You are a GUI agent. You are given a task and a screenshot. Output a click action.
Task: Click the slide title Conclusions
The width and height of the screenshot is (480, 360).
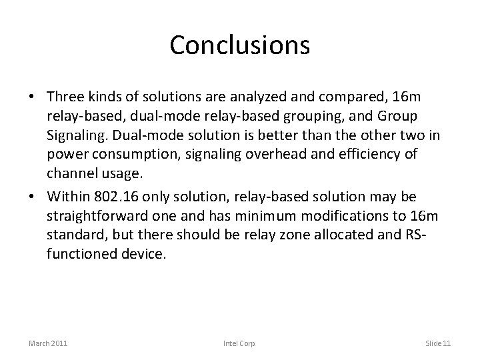pyautogui.click(x=239, y=45)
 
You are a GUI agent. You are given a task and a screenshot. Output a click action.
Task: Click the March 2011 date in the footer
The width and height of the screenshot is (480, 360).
pyautogui.click(x=49, y=343)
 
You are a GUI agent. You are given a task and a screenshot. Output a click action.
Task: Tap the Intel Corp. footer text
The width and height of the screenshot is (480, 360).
pyautogui.click(x=240, y=343)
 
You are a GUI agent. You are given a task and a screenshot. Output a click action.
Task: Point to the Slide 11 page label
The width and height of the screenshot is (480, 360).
pyautogui.click(x=438, y=343)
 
